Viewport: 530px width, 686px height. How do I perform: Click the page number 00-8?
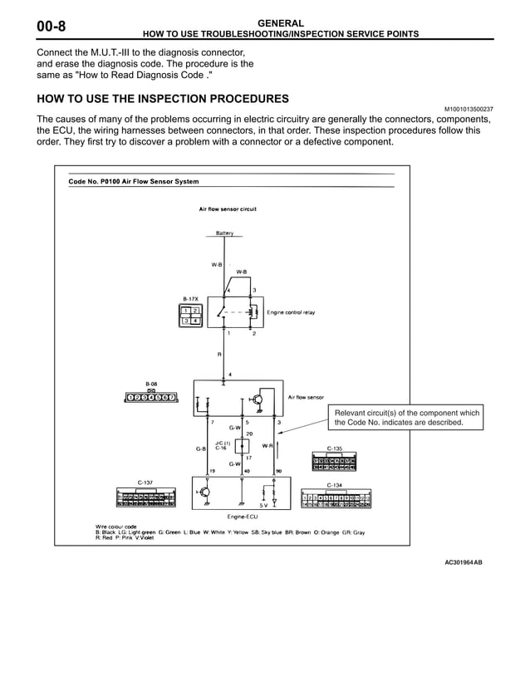tap(51, 27)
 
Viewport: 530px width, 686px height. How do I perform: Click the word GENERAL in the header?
tap(281, 23)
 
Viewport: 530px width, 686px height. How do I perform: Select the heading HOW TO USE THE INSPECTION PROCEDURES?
tap(163, 99)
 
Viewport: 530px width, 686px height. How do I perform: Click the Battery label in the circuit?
tap(224, 233)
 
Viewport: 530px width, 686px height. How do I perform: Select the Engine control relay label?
tap(291, 313)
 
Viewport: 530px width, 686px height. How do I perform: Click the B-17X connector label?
tap(191, 296)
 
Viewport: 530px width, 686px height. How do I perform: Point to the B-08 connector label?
tap(151, 384)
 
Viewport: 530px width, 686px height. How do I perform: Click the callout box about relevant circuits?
tap(407, 418)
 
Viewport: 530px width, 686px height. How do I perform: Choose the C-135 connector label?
tap(334, 448)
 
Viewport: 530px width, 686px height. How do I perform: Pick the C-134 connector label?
tap(334, 485)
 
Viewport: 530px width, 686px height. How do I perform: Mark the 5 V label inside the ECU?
tap(265, 504)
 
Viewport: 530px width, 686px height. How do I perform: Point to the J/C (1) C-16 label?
tap(221, 445)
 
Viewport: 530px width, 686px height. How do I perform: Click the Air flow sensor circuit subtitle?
tap(228, 209)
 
